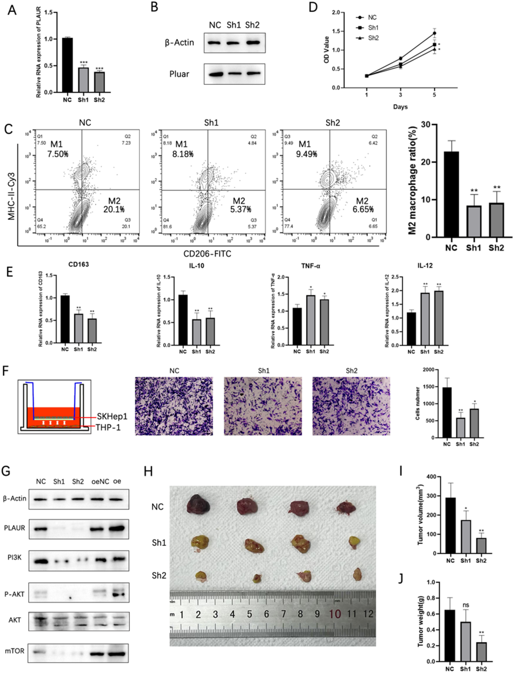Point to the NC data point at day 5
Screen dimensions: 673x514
point(434,33)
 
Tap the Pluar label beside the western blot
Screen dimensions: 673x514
point(179,74)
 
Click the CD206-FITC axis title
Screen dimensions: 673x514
point(207,253)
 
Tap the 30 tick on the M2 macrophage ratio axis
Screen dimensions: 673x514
point(425,124)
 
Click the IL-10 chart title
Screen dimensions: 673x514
point(196,266)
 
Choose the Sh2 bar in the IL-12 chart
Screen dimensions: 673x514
point(439,318)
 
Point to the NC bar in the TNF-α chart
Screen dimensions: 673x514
point(297,326)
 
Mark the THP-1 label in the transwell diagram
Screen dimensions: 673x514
point(108,427)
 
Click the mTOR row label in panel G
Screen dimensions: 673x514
point(14,651)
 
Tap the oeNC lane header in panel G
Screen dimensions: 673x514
point(100,482)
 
